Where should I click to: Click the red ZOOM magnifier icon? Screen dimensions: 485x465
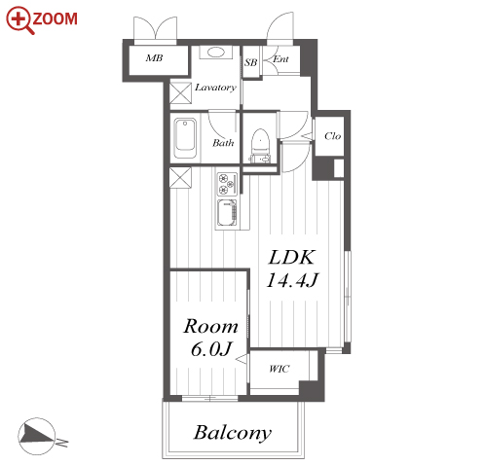19,20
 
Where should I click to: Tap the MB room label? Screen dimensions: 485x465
154,58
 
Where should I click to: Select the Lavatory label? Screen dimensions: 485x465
215,88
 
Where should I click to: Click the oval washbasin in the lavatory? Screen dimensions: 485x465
215,53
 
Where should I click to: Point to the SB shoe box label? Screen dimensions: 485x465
250,62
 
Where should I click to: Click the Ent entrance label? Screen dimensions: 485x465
280,59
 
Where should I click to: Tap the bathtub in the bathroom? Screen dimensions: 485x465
185,138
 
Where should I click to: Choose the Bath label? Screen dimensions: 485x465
223,143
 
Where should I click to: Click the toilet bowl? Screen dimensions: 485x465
260,140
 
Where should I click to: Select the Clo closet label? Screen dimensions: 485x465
333,136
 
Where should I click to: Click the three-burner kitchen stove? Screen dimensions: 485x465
227,184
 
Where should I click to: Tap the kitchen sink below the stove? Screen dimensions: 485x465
227,213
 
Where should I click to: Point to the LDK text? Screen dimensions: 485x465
291,258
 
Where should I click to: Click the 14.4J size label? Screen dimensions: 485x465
292,280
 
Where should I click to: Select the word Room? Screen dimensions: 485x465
211,326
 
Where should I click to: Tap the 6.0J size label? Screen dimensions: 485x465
211,349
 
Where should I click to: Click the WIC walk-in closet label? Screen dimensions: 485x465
279,369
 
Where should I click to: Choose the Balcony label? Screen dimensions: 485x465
233,433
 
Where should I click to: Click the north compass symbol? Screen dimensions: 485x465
37,436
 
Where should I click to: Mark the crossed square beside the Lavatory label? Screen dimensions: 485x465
180,93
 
